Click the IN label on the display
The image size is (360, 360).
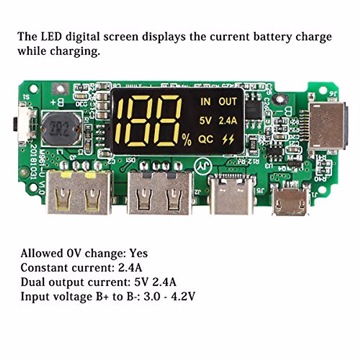click(205, 102)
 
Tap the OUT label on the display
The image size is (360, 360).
click(228, 102)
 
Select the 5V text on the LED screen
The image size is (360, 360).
click(205, 121)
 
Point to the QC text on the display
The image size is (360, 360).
click(206, 139)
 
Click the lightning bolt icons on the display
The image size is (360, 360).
click(228, 139)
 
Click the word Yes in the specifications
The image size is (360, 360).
click(139, 253)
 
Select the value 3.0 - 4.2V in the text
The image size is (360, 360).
click(169, 297)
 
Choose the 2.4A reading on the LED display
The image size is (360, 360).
click(228, 121)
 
